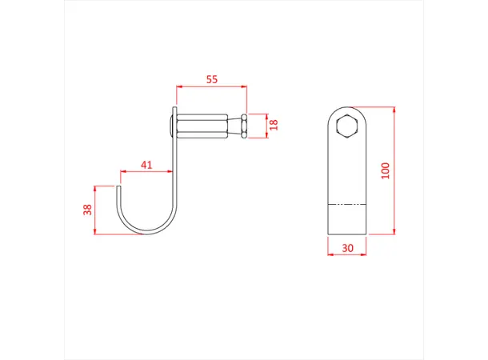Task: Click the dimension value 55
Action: (x=212, y=79)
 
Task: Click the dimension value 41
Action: (x=146, y=165)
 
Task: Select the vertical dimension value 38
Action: (x=88, y=210)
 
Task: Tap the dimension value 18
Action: (x=273, y=124)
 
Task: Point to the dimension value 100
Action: (x=386, y=170)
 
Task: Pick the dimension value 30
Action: (x=347, y=248)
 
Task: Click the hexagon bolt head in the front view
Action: (x=348, y=126)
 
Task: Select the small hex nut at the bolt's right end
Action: (x=242, y=126)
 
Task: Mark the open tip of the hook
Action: (x=120, y=189)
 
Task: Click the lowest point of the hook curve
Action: (x=144, y=234)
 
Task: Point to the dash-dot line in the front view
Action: (x=348, y=203)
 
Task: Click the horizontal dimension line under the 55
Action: (x=211, y=86)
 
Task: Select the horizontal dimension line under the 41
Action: (x=146, y=171)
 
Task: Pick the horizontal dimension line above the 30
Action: (x=347, y=256)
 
